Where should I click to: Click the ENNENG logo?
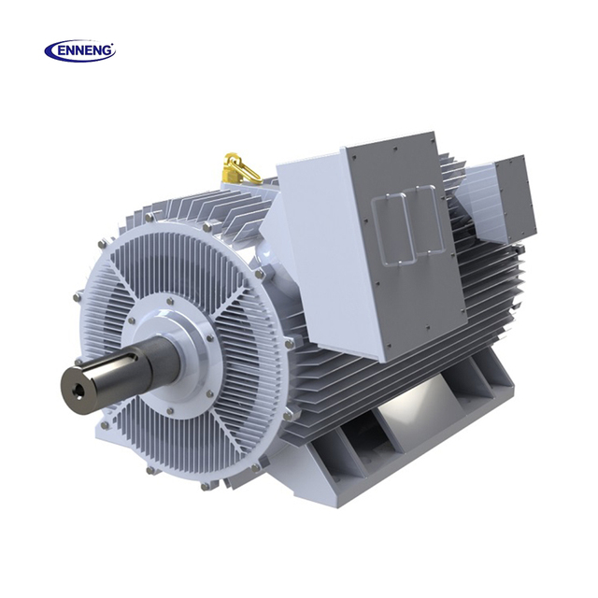coord(80,51)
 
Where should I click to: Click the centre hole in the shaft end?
coord(79,392)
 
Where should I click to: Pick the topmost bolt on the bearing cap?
coord(169,301)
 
